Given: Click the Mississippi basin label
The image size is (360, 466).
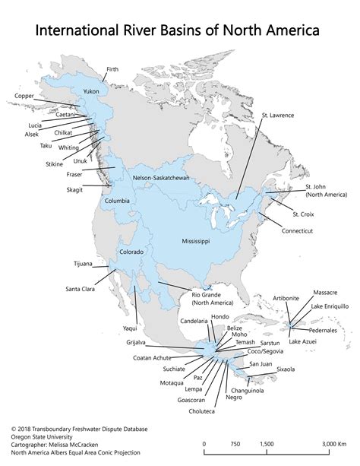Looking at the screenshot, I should [x=195, y=240].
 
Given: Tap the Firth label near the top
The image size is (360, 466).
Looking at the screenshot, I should [x=112, y=68].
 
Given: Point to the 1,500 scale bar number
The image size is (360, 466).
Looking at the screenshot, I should [x=266, y=444].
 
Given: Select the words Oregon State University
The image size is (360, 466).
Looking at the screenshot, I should [x=43, y=436].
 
